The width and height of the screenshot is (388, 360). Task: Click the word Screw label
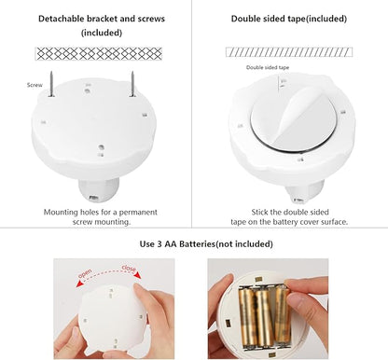35,85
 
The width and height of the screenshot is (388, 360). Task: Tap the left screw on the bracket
51,84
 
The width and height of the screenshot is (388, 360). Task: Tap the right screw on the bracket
132,84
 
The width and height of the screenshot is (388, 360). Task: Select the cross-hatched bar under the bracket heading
99,54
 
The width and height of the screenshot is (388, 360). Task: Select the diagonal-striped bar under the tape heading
289,52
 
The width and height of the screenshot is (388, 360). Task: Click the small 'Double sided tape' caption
268,67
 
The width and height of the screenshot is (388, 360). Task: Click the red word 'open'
85,273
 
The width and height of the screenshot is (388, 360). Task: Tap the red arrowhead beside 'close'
138,275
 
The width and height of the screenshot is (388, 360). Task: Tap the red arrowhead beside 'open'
80,284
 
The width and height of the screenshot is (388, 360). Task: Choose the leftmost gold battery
247,317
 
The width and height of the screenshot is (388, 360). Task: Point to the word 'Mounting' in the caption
61,213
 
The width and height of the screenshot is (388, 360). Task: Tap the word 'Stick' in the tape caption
259,212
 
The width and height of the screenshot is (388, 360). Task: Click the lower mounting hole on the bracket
101,147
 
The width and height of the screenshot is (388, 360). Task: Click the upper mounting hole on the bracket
88,91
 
